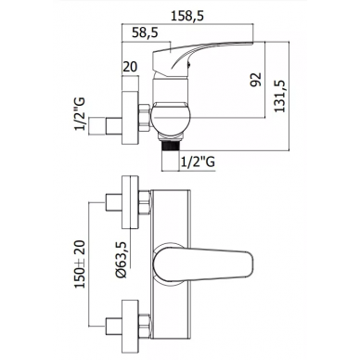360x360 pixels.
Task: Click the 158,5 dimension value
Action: (187, 16)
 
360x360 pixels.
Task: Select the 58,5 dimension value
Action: (145, 32)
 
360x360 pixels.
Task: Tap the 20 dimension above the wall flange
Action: (130, 67)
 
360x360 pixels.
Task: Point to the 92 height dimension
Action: (256, 80)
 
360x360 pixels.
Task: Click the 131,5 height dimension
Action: (279, 96)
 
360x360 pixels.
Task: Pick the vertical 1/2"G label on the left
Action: (80, 114)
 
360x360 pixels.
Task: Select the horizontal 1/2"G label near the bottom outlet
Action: (198, 161)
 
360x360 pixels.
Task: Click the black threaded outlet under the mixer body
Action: (170, 147)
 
